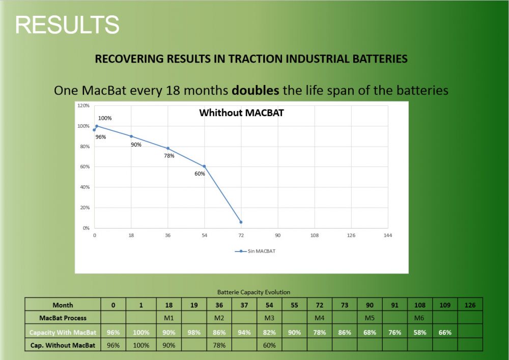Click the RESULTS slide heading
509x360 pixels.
coord(67,24)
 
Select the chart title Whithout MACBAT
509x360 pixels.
coord(241,113)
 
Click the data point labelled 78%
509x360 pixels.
coord(168,148)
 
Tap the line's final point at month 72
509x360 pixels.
coord(241,222)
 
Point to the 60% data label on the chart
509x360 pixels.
coord(200,174)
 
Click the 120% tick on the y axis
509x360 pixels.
coord(83,106)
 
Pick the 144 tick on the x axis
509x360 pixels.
coord(388,235)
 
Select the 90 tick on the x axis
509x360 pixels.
coord(278,235)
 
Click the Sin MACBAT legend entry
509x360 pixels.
coord(257,251)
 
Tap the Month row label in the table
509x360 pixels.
coord(63,305)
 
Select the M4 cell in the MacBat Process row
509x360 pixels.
coord(320,318)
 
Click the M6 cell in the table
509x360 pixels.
coord(419,318)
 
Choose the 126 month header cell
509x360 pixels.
coord(470,305)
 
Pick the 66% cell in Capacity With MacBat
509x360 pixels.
coord(445,332)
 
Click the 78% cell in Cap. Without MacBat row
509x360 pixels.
coord(219,345)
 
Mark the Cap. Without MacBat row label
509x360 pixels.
coord(63,345)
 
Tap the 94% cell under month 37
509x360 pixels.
coord(245,332)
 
